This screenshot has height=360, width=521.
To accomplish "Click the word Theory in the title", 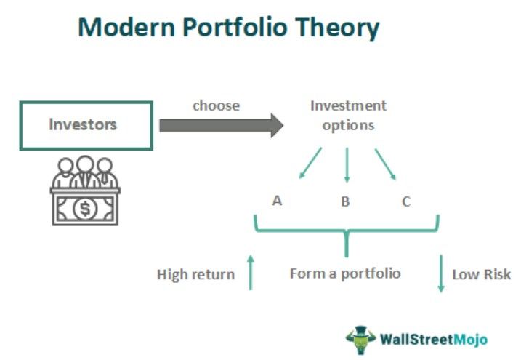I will point(344,28).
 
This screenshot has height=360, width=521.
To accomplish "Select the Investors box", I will point(83,124).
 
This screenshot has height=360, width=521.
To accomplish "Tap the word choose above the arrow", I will point(216,105).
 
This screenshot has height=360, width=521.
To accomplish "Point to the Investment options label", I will point(348,115).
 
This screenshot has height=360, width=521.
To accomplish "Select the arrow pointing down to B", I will point(347,165).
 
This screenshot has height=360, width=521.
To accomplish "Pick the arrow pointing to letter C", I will point(385,164).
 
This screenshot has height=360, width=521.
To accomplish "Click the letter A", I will point(277,201).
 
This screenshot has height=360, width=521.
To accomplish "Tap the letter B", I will point(345,201).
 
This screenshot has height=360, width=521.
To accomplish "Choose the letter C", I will point(406,201).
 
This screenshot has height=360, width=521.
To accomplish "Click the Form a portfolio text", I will point(345,273).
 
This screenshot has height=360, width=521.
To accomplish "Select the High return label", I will point(195,274).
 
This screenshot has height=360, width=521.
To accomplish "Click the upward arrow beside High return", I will point(251,271).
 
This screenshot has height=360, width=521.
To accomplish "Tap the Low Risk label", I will point(481,274).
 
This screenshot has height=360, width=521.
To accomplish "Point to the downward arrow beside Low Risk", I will point(440,273).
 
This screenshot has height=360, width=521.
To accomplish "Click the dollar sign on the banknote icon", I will point(86,209).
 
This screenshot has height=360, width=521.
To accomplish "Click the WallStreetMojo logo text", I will point(433,339).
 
